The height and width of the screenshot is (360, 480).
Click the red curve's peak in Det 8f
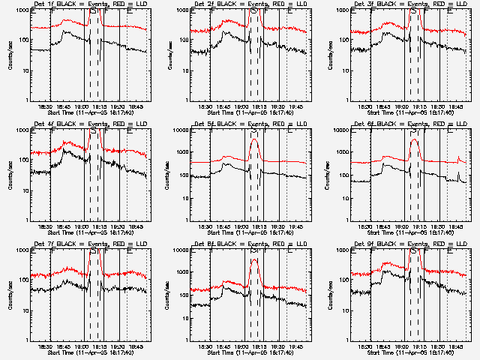click(x=254, y=259)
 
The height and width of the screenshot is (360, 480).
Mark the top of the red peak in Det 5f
click(x=254, y=139)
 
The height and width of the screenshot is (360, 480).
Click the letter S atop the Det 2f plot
click(x=253, y=12)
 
